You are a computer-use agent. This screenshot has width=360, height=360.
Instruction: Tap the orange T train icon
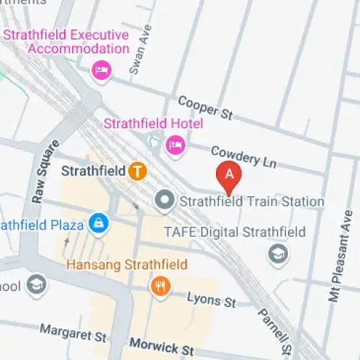click(x=138, y=171)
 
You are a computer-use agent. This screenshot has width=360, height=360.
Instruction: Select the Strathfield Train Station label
click(x=251, y=202)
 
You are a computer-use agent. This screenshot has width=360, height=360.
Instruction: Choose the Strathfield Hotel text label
click(x=153, y=124)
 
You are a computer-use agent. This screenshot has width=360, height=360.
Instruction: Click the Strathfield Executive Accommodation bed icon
click(x=101, y=70)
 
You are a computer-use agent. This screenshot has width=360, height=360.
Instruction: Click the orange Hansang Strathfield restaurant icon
click(x=161, y=287)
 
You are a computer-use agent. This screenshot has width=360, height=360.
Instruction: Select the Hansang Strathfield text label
click(x=127, y=264)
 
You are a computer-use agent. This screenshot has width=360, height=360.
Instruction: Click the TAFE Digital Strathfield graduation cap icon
click(x=276, y=253)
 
